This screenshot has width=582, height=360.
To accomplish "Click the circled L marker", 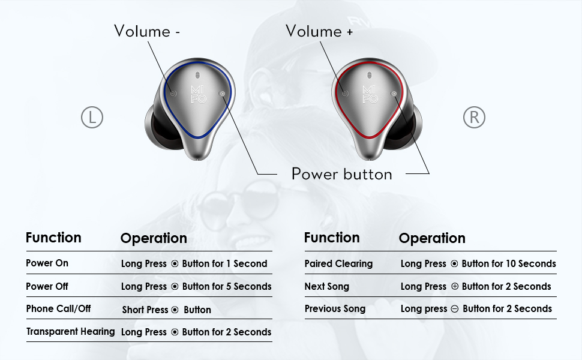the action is pos(92,118).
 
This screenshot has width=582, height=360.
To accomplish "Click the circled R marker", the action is pos(474,118).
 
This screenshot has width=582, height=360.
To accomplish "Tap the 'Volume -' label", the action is pos(147,31).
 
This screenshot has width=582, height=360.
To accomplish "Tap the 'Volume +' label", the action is pos(319,31).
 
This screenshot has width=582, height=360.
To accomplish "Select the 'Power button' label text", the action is pos(341,174).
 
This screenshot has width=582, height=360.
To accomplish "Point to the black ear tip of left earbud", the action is pos(158,127).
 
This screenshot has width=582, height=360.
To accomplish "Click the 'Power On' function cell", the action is pos(47,263).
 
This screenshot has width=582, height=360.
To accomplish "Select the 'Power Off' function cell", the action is pos(47,286).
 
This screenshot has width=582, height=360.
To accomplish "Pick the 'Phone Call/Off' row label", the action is pos(58,309).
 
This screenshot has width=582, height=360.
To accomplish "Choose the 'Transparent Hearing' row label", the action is pos(70,331).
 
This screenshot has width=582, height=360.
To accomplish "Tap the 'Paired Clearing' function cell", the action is pos(338,263).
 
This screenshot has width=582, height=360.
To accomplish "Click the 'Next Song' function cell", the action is pos(326,286).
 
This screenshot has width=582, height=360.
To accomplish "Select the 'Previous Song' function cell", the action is pos(335,308).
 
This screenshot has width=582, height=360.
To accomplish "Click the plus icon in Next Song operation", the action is pos(454,286).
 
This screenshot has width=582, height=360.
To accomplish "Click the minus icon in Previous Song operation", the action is pos(455,308).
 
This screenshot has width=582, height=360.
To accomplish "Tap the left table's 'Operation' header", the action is pos(154,238).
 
